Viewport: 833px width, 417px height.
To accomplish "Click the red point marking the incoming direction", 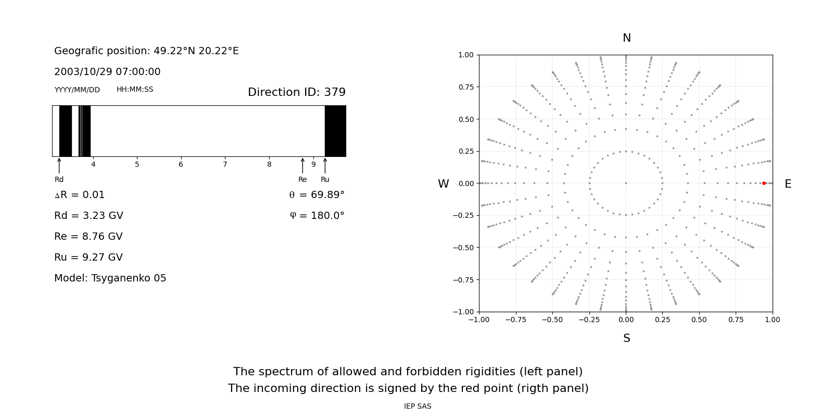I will pos(764,183).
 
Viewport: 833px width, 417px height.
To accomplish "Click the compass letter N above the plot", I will pos(626,38).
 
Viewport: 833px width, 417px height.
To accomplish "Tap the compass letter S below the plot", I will pos(626,338).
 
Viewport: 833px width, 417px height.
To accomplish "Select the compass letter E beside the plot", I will pos(788,184).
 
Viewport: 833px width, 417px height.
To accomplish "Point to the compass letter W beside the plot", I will pos(443,184).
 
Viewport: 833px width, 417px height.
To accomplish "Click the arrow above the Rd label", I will pos(59,165).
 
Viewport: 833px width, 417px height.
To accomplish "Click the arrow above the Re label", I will pos(302,165).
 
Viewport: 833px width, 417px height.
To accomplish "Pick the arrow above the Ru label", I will pos(325,165).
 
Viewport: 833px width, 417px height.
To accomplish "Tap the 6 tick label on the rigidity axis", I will pos(181,165).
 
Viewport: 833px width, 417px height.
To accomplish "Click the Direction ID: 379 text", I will pos(296,92).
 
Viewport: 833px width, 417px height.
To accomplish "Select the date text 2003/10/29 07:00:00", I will pos(107,72).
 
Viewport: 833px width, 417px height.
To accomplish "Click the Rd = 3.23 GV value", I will pos(89,216).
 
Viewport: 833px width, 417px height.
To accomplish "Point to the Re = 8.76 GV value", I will pos(89,237).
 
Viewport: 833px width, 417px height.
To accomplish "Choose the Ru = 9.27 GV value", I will pos(89,257).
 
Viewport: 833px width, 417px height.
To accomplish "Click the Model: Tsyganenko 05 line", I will pos(110,278).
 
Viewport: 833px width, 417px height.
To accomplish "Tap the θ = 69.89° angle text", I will pos(317,195).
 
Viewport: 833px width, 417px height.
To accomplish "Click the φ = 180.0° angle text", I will pos(317,216).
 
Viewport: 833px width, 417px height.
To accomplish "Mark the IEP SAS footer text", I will pos(418,407).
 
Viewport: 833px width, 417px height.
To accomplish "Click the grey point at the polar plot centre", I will pos(626,183).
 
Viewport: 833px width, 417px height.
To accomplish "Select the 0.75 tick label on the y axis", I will pos(465,87).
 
